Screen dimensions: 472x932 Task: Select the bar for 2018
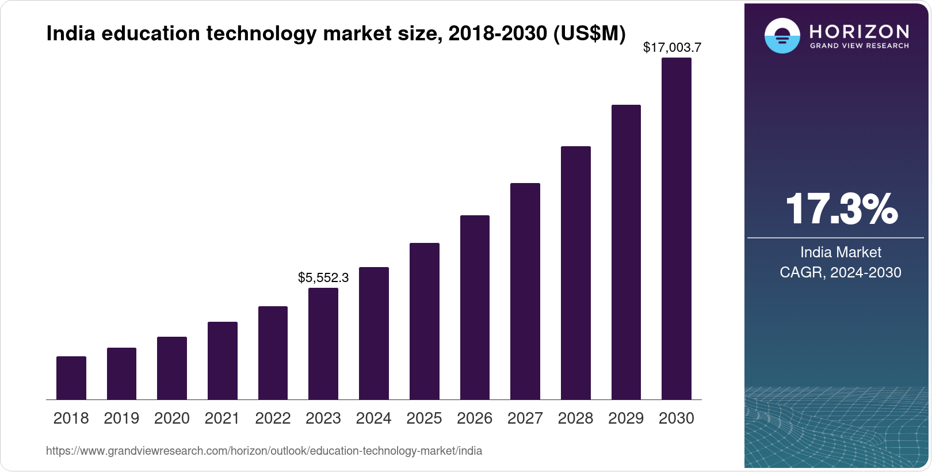coord(71,378)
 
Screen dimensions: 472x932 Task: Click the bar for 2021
coord(223,360)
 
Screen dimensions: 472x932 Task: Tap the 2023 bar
coord(323,344)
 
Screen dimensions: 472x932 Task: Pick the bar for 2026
coord(475,307)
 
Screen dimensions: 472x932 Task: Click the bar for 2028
coord(576,273)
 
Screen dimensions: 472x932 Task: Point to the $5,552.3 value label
coord(323,277)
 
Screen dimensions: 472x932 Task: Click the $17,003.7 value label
coord(672,47)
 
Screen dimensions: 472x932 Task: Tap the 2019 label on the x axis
coord(121,418)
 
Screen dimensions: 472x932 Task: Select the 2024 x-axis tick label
coord(374,418)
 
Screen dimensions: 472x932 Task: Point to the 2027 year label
coord(525,418)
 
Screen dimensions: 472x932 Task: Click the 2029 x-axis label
coord(626,418)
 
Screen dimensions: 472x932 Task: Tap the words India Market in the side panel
coord(841,252)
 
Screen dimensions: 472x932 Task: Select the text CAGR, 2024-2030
coord(841,272)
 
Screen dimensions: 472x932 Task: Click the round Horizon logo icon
coord(782,36)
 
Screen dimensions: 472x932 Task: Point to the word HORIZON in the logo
coord(859,31)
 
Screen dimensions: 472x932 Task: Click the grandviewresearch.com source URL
coord(264,451)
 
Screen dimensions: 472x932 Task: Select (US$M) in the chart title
coord(589,33)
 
